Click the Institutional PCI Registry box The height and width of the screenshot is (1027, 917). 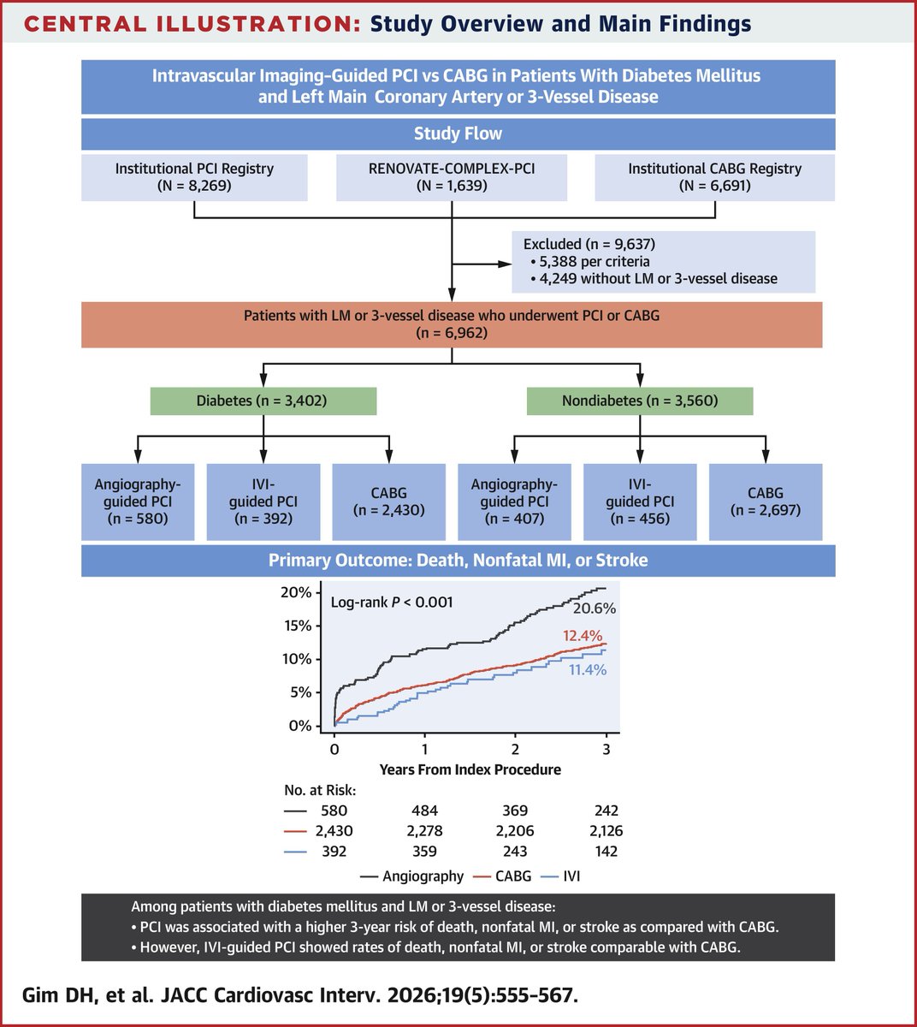click(194, 177)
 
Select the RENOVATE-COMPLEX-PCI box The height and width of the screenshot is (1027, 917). click(452, 177)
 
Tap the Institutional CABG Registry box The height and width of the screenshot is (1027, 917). click(714, 177)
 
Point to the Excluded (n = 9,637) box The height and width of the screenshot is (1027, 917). click(663, 261)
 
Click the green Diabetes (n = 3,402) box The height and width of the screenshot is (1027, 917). click(263, 401)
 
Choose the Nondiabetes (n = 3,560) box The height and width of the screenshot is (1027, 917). click(640, 401)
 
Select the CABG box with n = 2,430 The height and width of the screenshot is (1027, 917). click(388, 502)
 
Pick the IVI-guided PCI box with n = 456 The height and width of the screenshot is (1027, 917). click(640, 502)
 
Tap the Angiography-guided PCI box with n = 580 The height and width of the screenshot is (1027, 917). click(138, 502)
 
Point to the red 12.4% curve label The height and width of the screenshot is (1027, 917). click(582, 636)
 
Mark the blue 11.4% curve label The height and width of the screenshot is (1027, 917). click(588, 670)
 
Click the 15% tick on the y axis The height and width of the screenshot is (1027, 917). click(299, 626)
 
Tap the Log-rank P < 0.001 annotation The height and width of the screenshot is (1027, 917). click(392, 603)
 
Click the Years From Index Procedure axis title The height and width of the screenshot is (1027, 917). click(470, 769)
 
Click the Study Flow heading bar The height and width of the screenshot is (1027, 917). click(458, 134)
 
